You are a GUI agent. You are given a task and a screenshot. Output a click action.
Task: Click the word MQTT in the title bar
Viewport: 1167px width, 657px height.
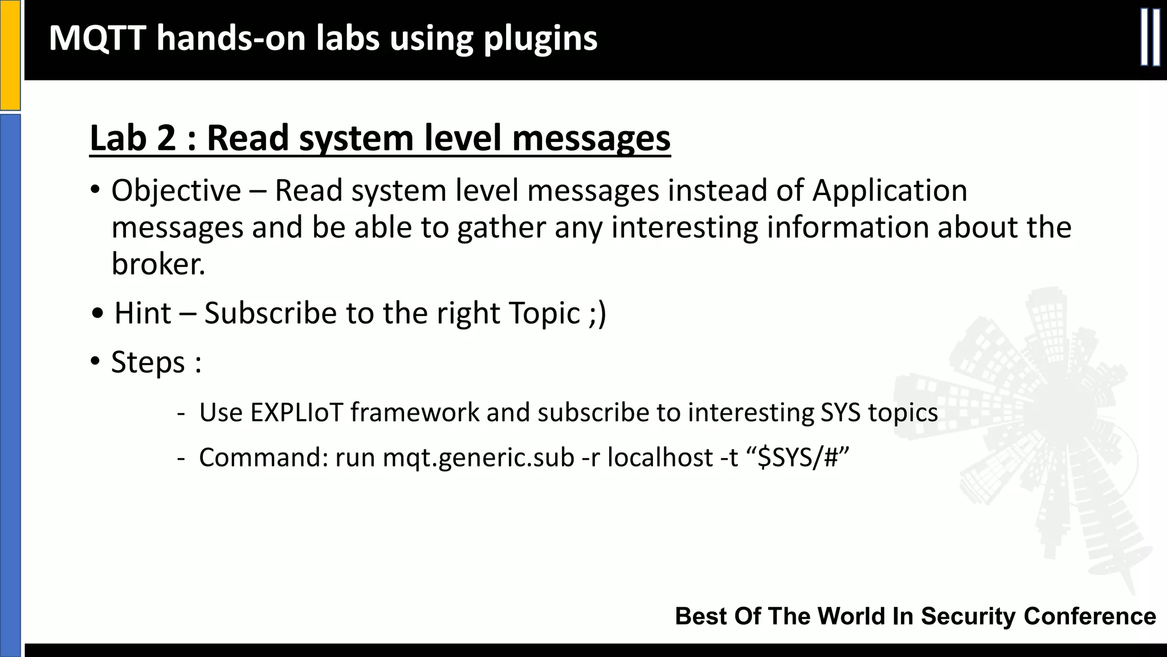coord(97,38)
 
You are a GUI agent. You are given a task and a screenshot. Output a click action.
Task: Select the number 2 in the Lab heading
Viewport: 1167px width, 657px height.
coord(165,138)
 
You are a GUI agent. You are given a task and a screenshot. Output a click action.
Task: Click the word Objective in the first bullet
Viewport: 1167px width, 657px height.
coord(176,190)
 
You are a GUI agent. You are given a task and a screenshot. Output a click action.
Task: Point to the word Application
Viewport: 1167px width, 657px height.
coord(889,190)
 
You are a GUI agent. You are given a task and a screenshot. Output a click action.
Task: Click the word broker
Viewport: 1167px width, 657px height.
coord(158,264)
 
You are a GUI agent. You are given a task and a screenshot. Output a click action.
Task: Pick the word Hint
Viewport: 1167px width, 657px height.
coord(142,313)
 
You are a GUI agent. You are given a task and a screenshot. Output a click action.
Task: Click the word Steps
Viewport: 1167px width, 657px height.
coord(148,362)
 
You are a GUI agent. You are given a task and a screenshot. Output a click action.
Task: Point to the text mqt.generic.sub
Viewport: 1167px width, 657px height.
coord(478,457)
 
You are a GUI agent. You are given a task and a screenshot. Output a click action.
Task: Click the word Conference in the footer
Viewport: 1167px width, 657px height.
coord(1090,617)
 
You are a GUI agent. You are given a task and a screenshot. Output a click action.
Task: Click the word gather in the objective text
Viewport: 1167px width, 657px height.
coord(501,228)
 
